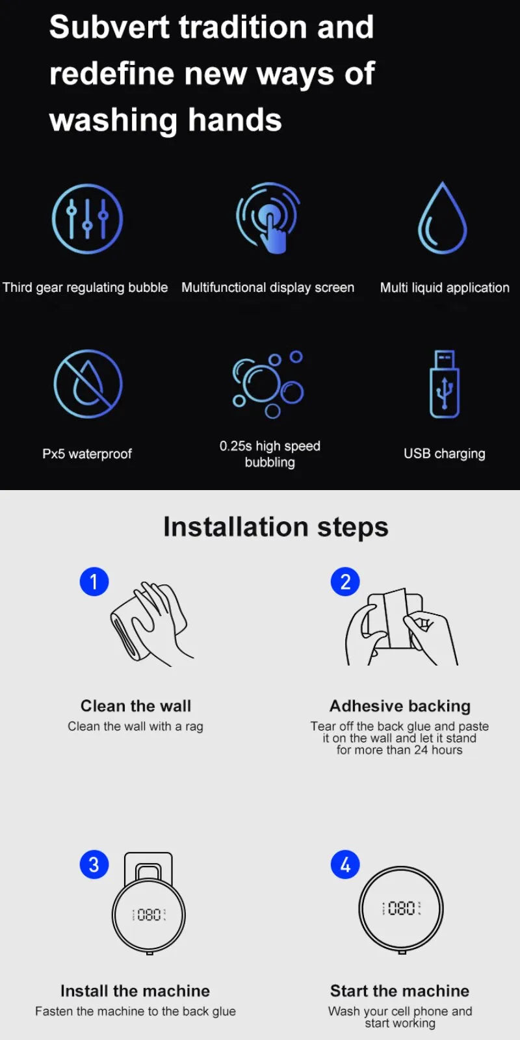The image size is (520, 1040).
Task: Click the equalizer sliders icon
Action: [87, 219]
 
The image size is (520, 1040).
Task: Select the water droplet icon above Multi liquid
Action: [443, 219]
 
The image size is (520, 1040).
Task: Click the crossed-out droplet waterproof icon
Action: [88, 384]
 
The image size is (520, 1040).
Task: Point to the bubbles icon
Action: [268, 384]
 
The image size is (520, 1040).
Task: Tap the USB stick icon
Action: [445, 384]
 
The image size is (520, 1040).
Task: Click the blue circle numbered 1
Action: [94, 582]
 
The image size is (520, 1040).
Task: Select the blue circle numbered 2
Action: [345, 582]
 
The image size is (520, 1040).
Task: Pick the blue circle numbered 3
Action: [94, 864]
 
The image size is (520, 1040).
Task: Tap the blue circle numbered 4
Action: [345, 864]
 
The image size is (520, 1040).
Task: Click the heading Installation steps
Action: [276, 527]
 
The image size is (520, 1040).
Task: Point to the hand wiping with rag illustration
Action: [151, 624]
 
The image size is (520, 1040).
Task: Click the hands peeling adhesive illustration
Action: [400, 627]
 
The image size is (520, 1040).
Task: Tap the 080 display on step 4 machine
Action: [401, 908]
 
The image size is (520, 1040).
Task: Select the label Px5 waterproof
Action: [87, 454]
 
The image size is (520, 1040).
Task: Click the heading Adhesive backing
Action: [400, 706]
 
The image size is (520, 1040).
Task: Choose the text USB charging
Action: [444, 454]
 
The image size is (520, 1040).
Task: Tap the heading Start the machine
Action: [400, 991]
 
